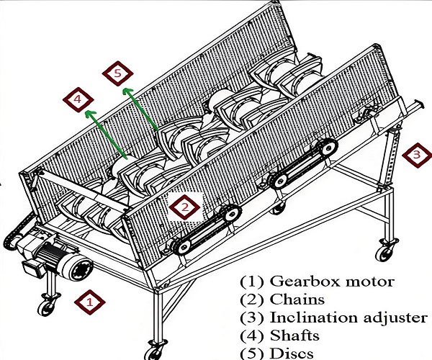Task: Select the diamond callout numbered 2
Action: coord(185,207)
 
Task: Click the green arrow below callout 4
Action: coord(106,135)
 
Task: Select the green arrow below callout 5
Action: coord(141,109)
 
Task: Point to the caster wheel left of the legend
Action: coord(156,347)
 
